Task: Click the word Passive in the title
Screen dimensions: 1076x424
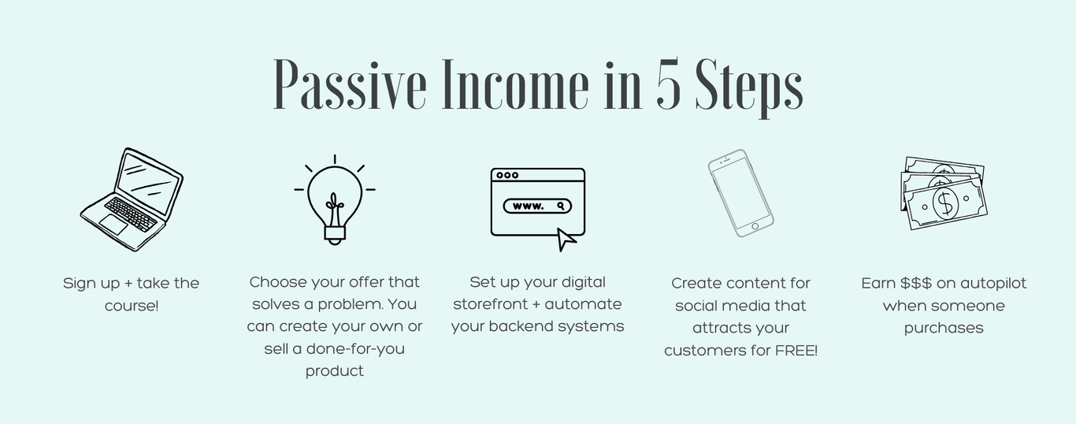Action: point(350,85)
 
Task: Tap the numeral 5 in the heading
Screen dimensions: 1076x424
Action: point(668,82)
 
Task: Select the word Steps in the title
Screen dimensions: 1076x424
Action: point(749,87)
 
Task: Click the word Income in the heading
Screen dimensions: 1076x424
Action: point(515,84)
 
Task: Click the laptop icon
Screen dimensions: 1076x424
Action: point(132,199)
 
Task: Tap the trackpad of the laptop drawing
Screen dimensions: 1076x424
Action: point(114,225)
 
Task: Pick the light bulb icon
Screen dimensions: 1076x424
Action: point(335,199)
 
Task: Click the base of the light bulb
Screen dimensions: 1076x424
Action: point(335,233)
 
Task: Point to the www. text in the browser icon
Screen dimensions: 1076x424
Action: point(529,206)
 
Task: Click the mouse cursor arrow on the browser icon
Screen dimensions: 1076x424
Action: point(566,240)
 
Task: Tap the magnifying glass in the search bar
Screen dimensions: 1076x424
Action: point(561,206)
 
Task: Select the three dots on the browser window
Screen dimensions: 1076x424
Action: point(507,175)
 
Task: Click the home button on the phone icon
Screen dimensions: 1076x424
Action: point(755,226)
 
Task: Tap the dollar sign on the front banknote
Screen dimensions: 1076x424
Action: point(945,203)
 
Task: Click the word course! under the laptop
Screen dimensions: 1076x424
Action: point(132,306)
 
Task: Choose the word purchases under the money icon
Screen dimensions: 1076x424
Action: point(944,329)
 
